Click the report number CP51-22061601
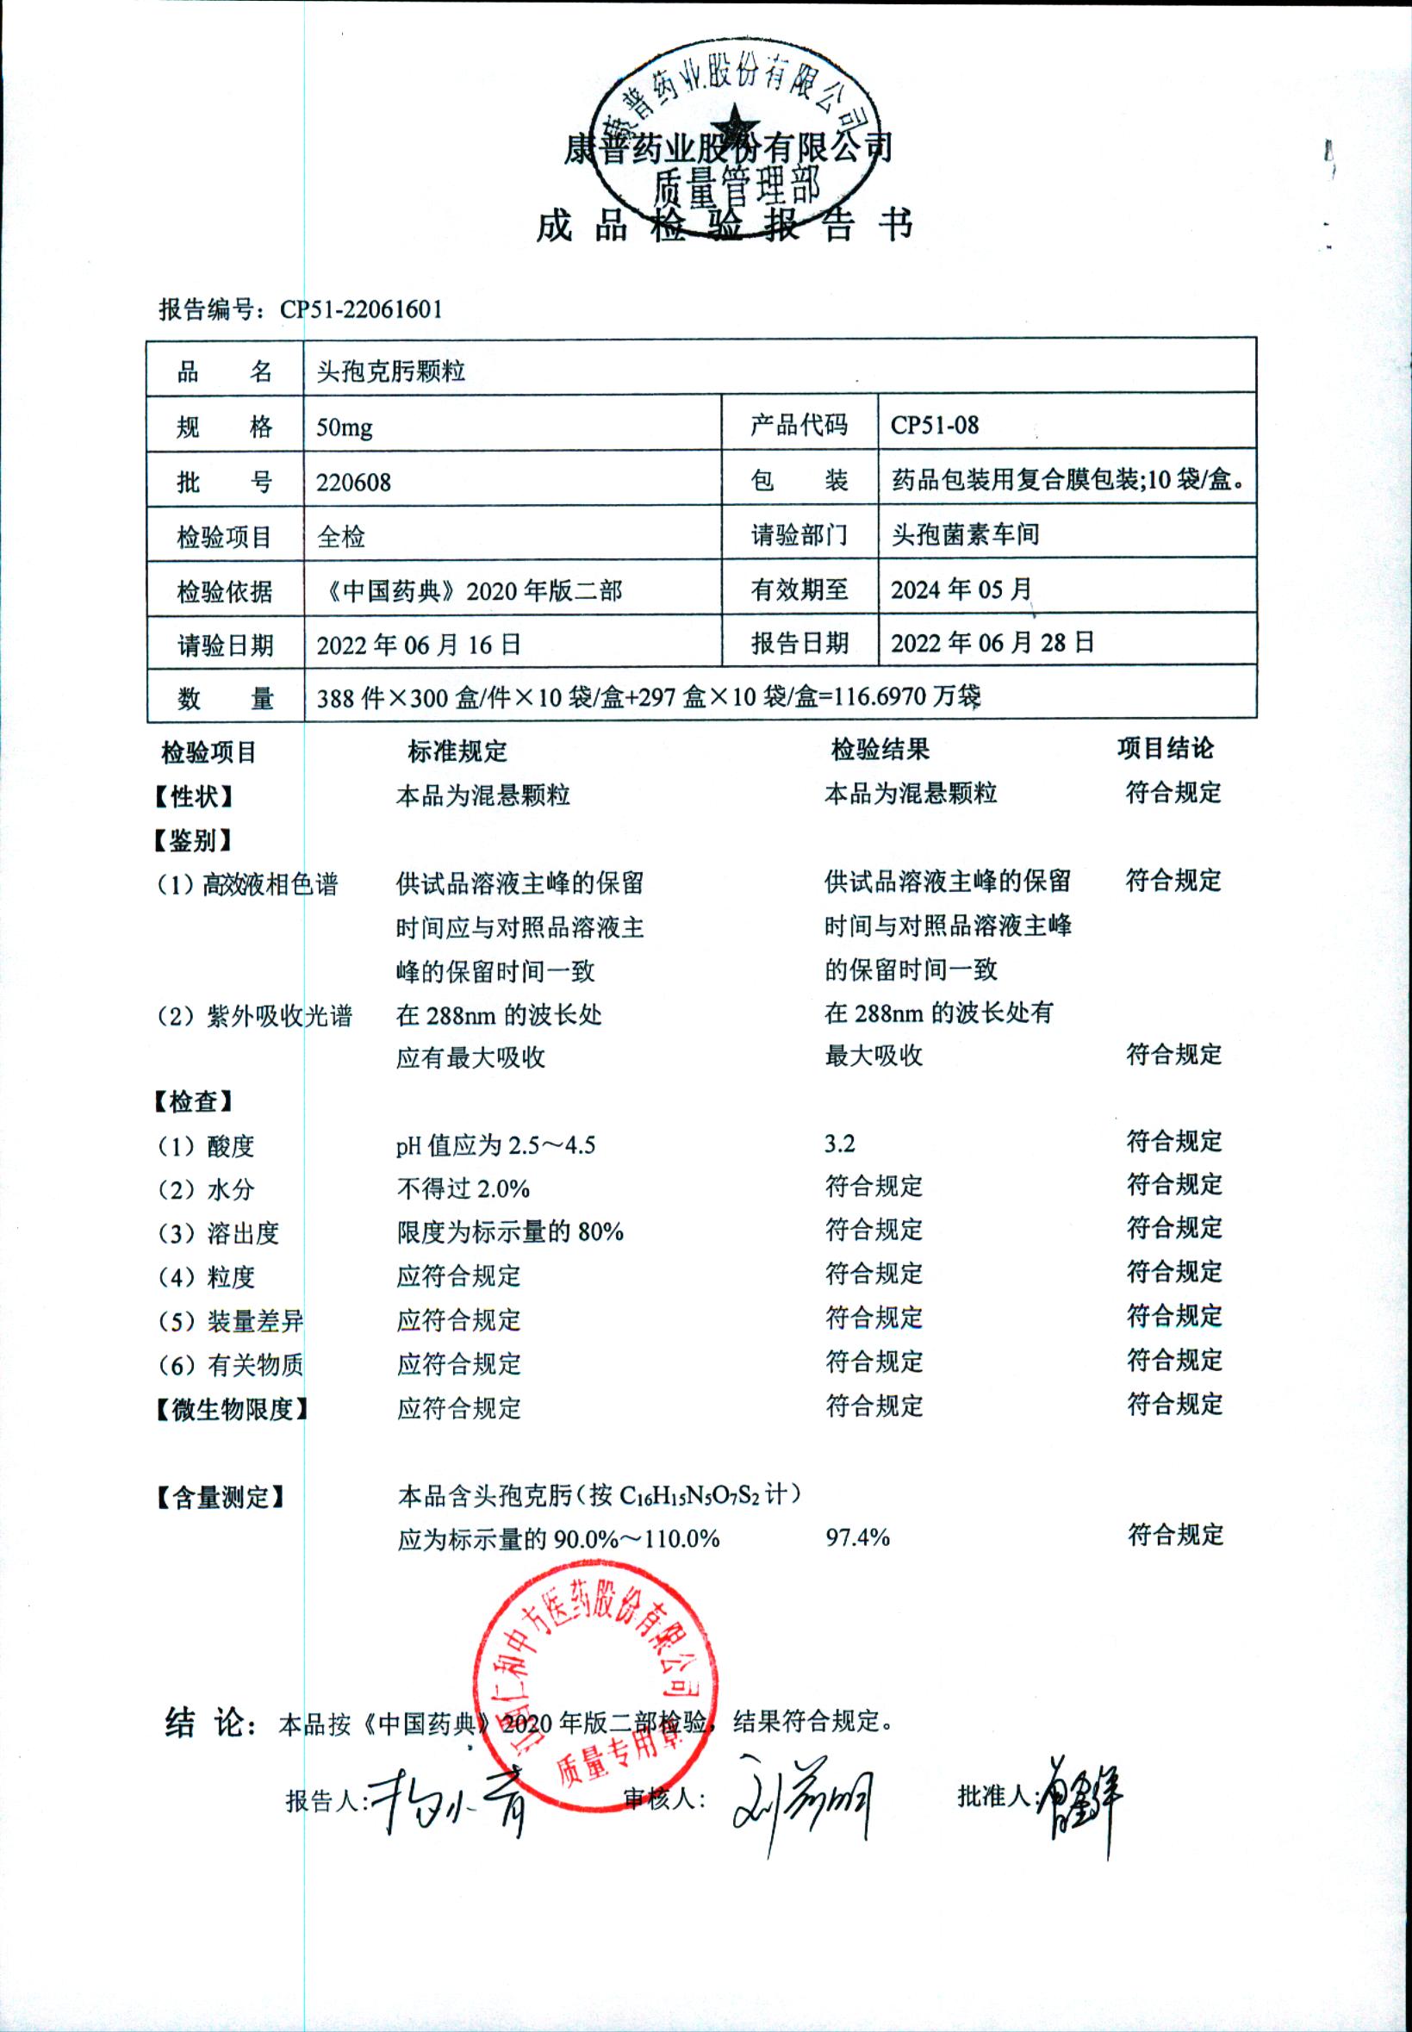pos(361,309)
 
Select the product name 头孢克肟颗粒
pos(390,371)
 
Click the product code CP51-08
pos(934,426)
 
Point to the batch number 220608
pos(353,483)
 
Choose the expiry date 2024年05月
pos(961,589)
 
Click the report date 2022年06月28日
pos(992,643)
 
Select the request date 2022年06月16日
pos(419,645)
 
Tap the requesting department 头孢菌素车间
pos(964,534)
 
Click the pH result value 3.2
pos(840,1144)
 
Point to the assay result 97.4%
pos(857,1537)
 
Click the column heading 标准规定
pos(457,752)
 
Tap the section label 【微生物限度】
pos(230,1409)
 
